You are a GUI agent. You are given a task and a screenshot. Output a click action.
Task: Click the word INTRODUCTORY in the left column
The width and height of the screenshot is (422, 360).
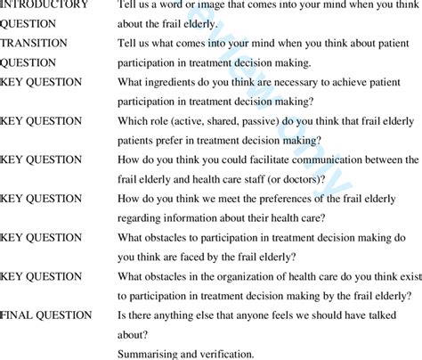pyautogui.click(x=45, y=4)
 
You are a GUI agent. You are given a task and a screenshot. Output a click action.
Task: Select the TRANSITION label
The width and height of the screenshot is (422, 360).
pyautogui.click(x=37, y=43)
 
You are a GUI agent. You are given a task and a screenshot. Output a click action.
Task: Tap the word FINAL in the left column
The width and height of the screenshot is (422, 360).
pyautogui.click(x=20, y=315)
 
